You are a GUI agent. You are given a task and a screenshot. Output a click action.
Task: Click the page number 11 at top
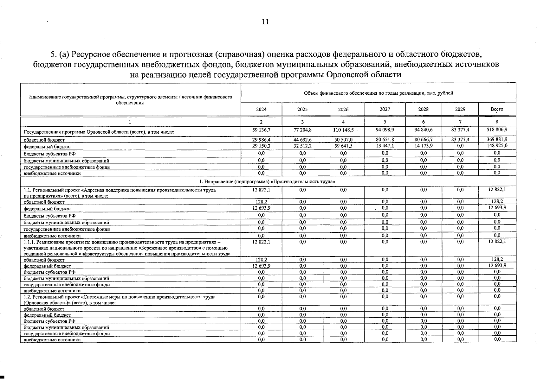click(265, 22)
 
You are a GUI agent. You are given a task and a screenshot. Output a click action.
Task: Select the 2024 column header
click(261, 109)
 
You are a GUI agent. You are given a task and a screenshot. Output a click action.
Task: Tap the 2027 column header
click(385, 109)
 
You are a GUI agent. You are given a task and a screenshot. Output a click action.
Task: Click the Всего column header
click(496, 109)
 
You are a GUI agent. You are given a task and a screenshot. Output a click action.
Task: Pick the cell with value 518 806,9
click(497, 130)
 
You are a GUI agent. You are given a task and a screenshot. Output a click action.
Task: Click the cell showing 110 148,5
click(343, 130)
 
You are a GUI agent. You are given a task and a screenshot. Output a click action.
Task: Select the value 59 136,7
click(261, 130)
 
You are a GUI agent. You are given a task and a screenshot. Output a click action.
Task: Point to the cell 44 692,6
click(302, 139)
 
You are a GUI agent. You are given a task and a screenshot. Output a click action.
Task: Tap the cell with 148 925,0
click(497, 146)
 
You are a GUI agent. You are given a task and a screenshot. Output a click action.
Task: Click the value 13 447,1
click(385, 146)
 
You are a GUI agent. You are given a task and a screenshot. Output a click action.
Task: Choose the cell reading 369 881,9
click(497, 139)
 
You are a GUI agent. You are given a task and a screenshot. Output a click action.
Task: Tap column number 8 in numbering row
click(497, 122)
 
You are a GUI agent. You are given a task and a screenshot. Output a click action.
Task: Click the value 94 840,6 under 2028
click(423, 130)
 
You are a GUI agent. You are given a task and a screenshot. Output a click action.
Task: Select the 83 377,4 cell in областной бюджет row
click(460, 139)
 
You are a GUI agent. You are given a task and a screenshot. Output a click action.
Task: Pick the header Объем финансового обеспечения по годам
click(378, 93)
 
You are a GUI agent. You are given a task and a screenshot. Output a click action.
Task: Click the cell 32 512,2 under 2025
click(302, 146)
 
